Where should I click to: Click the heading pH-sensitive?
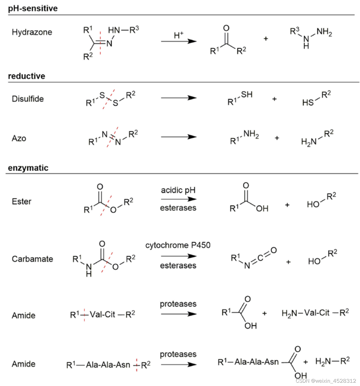(x=33, y=8)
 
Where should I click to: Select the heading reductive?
(x=26, y=76)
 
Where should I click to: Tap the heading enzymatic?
(x=28, y=168)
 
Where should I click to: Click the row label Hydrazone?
(x=32, y=32)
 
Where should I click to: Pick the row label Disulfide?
(x=28, y=99)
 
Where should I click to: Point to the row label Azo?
(x=19, y=138)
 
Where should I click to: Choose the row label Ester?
(x=21, y=202)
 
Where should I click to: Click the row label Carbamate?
(x=32, y=259)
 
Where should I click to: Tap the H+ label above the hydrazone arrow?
(x=178, y=35)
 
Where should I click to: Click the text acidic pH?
(x=178, y=190)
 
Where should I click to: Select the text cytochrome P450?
(x=178, y=245)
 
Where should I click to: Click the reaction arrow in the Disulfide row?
(x=179, y=98)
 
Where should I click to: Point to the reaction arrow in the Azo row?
(x=179, y=137)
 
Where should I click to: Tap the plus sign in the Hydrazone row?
(x=265, y=39)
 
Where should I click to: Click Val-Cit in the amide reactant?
(x=102, y=314)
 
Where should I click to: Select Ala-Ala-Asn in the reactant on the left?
(x=108, y=365)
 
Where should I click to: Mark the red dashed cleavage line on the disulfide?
(x=109, y=99)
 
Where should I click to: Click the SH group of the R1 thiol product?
(x=247, y=95)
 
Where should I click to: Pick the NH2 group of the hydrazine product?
(x=324, y=32)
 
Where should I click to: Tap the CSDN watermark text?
(x=326, y=381)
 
